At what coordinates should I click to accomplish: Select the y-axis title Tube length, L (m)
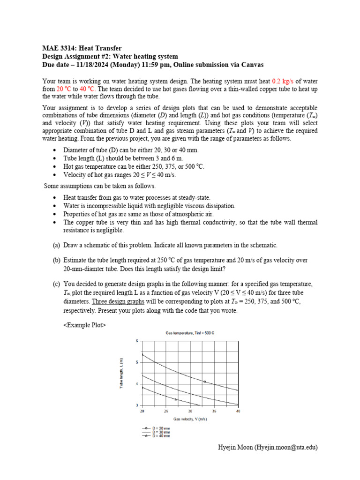click(122, 373)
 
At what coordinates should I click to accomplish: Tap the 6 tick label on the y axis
click(137, 341)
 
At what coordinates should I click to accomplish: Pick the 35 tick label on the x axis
click(214, 411)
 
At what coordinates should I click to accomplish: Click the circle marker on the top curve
click(204, 382)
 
